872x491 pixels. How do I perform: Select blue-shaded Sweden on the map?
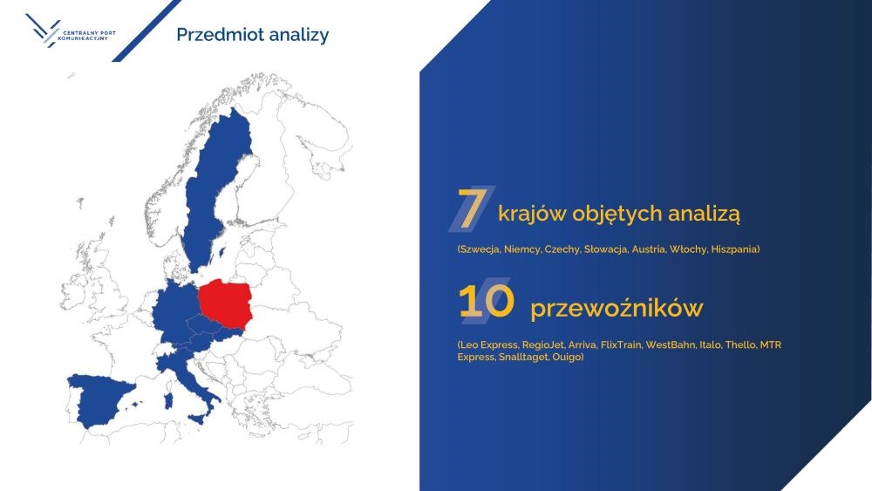coord(217,189)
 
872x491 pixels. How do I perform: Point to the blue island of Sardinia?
coord(168,401)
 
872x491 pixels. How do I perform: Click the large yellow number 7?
coord(472,208)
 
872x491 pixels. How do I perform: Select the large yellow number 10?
coord(486,302)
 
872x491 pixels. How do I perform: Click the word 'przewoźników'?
coord(617,309)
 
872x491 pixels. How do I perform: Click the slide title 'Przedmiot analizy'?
coord(253,35)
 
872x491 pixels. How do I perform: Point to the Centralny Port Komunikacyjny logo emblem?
coord(43,30)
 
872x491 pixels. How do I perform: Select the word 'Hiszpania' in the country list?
coord(735,249)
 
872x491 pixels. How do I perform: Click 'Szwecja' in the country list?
coord(478,249)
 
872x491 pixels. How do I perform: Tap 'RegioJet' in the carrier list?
coord(542,345)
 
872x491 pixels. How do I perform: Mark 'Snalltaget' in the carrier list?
coord(523,357)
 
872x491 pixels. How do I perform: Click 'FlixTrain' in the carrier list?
coord(621,345)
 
